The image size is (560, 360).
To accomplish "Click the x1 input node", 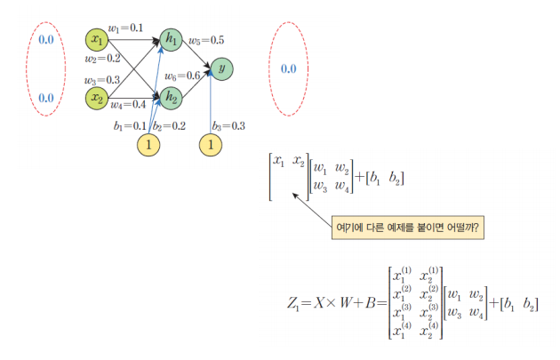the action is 97,40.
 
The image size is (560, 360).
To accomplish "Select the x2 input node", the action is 97,98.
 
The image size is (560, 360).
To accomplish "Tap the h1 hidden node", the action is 171,40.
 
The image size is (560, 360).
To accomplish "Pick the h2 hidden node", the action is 171,98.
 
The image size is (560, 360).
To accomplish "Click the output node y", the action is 222,69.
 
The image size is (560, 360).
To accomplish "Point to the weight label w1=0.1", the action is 125,28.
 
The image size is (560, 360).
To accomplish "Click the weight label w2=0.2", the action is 102,59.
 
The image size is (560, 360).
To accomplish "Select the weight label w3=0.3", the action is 102,80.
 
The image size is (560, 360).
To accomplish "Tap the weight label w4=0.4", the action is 128,105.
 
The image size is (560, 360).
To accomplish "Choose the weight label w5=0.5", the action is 206,41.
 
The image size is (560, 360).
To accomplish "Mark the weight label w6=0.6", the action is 182,76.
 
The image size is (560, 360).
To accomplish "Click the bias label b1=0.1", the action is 130,126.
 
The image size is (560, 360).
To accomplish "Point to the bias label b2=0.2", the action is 169,126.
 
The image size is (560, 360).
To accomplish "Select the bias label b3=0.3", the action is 228,126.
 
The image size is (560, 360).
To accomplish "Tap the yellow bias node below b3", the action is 211,145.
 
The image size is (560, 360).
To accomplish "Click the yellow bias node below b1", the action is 148,145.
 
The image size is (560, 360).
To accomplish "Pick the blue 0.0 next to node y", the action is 289,69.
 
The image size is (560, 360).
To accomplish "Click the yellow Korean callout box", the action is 408,228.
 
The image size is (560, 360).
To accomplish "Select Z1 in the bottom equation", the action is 292,304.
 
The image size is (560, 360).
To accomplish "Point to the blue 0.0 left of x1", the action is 46,40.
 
